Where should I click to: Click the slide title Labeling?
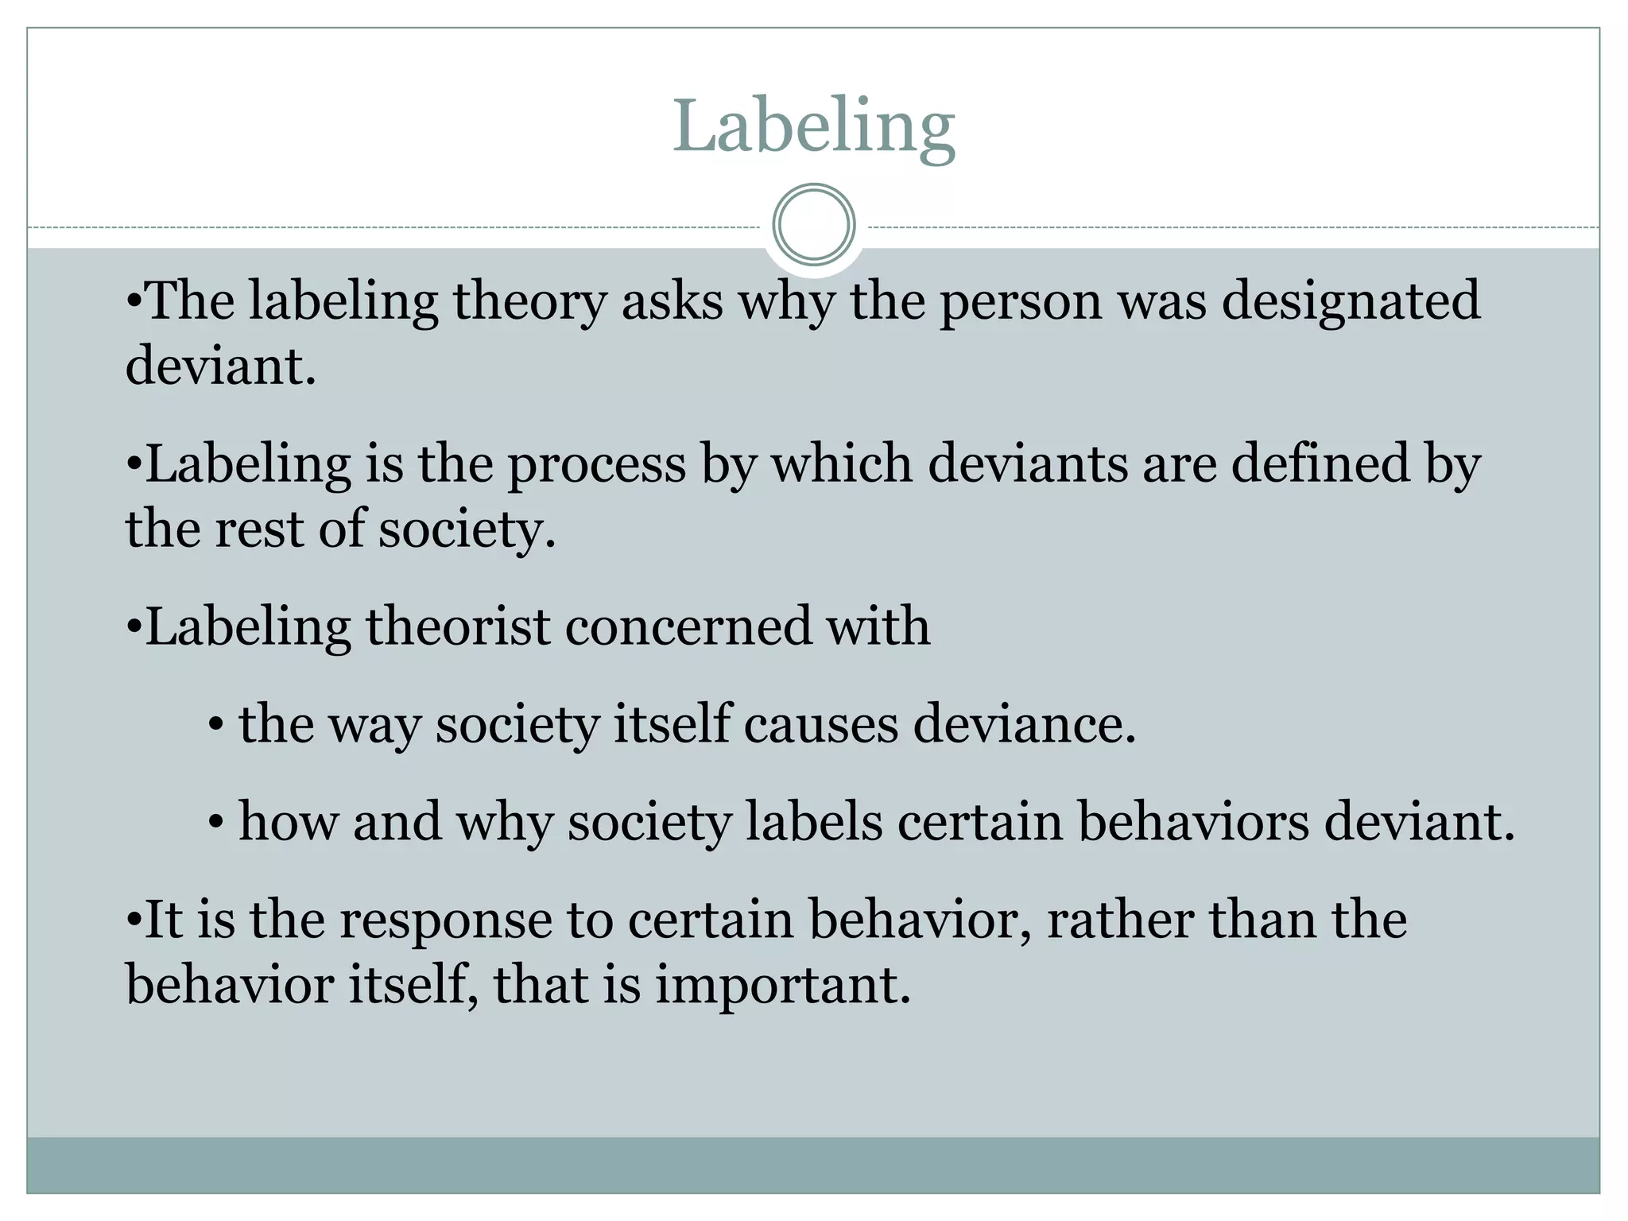[813, 127]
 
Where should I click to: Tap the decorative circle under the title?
[813, 225]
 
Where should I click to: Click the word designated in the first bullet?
[1351, 302]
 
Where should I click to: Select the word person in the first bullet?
[1021, 302]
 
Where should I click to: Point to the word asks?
[673, 302]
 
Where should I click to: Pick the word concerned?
[688, 626]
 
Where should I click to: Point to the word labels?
[814, 821]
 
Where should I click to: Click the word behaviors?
[1192, 821]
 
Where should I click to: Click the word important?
[782, 986]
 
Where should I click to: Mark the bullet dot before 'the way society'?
[215, 726]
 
